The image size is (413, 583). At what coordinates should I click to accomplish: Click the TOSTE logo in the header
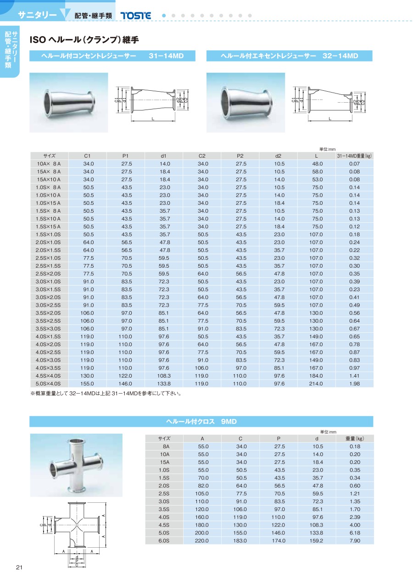coord(135,16)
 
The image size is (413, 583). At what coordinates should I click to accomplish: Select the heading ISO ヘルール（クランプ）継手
coord(84,40)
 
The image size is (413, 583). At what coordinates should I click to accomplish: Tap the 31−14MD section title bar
coord(112,56)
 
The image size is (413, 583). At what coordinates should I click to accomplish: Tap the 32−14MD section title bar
coord(289,56)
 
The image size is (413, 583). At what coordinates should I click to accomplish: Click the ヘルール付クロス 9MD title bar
coord(201,421)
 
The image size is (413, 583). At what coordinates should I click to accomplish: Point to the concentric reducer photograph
coord(69,102)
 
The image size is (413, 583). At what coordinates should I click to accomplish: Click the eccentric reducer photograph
coord(246,102)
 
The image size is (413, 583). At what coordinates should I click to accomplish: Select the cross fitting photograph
coord(76,465)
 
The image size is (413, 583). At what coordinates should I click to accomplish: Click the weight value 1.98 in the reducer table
coord(354,383)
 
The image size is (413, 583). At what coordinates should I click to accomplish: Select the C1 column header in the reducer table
coord(87,156)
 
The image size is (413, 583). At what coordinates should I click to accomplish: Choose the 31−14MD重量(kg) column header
coord(354,156)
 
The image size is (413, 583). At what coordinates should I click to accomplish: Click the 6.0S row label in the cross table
coord(164,540)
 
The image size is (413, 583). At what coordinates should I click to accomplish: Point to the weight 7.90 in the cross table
coord(355,540)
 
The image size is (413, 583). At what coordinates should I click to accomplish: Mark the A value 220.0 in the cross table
coord(202,540)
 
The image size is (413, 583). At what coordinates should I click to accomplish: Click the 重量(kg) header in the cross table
coord(355,439)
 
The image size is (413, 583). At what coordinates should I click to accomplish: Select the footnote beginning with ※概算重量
coord(105,393)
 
